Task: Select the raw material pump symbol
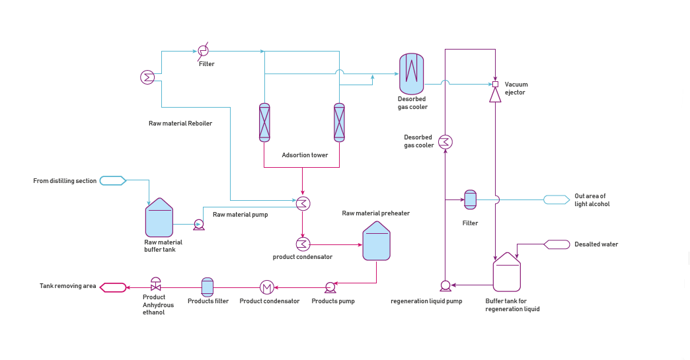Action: [x=198, y=225]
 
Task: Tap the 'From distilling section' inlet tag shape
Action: [x=112, y=180]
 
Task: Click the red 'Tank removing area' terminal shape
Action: [x=112, y=287]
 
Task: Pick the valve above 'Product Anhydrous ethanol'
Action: [x=156, y=285]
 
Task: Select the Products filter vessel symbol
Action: [x=207, y=287]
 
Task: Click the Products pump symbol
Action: [x=330, y=287]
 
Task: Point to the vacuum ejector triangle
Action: [x=495, y=96]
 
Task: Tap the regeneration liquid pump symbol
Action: [x=445, y=285]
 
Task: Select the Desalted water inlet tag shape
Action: [x=556, y=244]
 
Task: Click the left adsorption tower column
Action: [x=264, y=122]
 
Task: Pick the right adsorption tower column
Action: [x=339, y=122]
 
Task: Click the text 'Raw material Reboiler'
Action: [x=180, y=123]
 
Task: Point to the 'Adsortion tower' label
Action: [x=305, y=155]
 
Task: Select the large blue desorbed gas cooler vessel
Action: [x=411, y=73]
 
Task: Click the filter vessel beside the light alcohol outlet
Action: [x=470, y=199]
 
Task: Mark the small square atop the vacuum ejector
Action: [x=495, y=84]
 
